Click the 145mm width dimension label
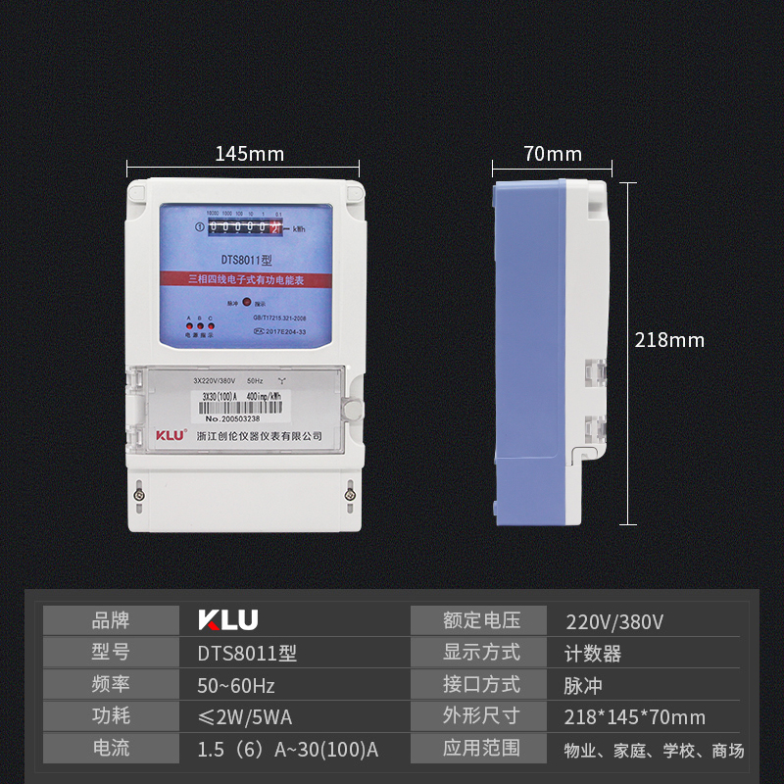(x=249, y=154)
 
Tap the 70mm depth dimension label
(x=552, y=154)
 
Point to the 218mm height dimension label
(x=669, y=340)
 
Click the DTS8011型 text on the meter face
(x=246, y=261)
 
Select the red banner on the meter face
(x=247, y=279)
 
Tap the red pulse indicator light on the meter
(x=247, y=304)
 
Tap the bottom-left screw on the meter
(x=140, y=496)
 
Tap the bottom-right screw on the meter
(x=351, y=496)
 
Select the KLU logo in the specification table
(x=228, y=620)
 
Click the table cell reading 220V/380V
(x=615, y=621)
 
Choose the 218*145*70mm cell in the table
(x=635, y=717)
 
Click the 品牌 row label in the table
(x=110, y=620)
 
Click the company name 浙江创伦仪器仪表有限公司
(x=260, y=436)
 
